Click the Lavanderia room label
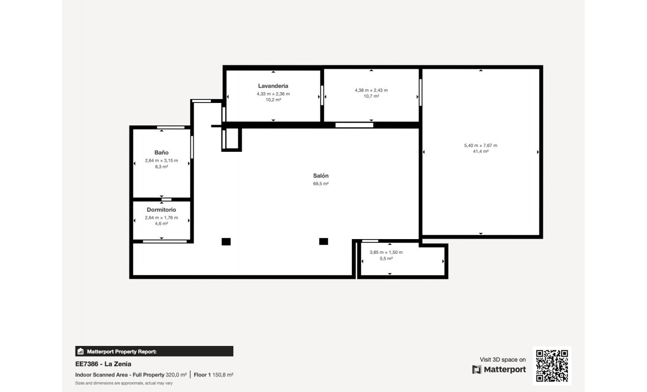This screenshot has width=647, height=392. pos(273,86)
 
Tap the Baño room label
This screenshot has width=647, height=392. pos(161,153)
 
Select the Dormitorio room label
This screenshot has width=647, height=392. pos(161,210)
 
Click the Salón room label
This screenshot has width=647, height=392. pos(321,175)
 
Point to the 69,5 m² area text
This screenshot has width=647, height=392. pos(321,184)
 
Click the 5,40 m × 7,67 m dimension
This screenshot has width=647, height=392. pos(480,145)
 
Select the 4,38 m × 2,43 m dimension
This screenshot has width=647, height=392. pos(371,90)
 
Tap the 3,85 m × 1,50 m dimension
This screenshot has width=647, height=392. pos(386,252)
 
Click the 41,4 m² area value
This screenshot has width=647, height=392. pos(480,151)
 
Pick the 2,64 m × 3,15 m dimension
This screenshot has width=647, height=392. pos(161,161)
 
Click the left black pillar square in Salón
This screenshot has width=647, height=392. pos(226,241)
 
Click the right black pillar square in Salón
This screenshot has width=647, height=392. pos(323,241)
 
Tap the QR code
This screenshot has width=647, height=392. pos(552,366)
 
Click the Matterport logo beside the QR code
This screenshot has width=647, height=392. pos(499,369)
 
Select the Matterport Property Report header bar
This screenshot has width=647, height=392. pos(154,351)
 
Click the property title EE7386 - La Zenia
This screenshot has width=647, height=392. pos(103,364)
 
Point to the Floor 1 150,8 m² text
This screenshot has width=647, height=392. pos(213,375)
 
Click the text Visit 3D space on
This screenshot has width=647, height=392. pos(502,360)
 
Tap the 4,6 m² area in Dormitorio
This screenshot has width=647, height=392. pos(161,223)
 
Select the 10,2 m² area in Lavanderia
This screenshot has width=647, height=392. pos(273,99)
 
